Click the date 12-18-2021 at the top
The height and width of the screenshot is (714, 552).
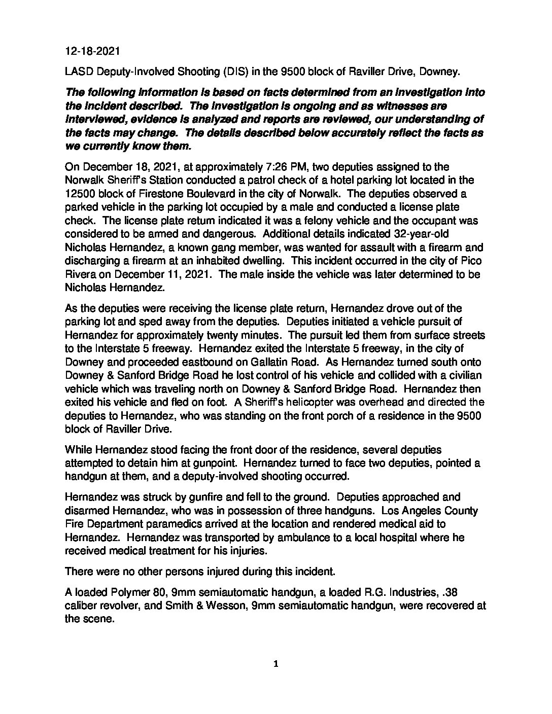[92, 51]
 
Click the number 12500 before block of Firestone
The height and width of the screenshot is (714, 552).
[80, 194]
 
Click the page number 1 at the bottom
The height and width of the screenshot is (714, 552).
[276, 664]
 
